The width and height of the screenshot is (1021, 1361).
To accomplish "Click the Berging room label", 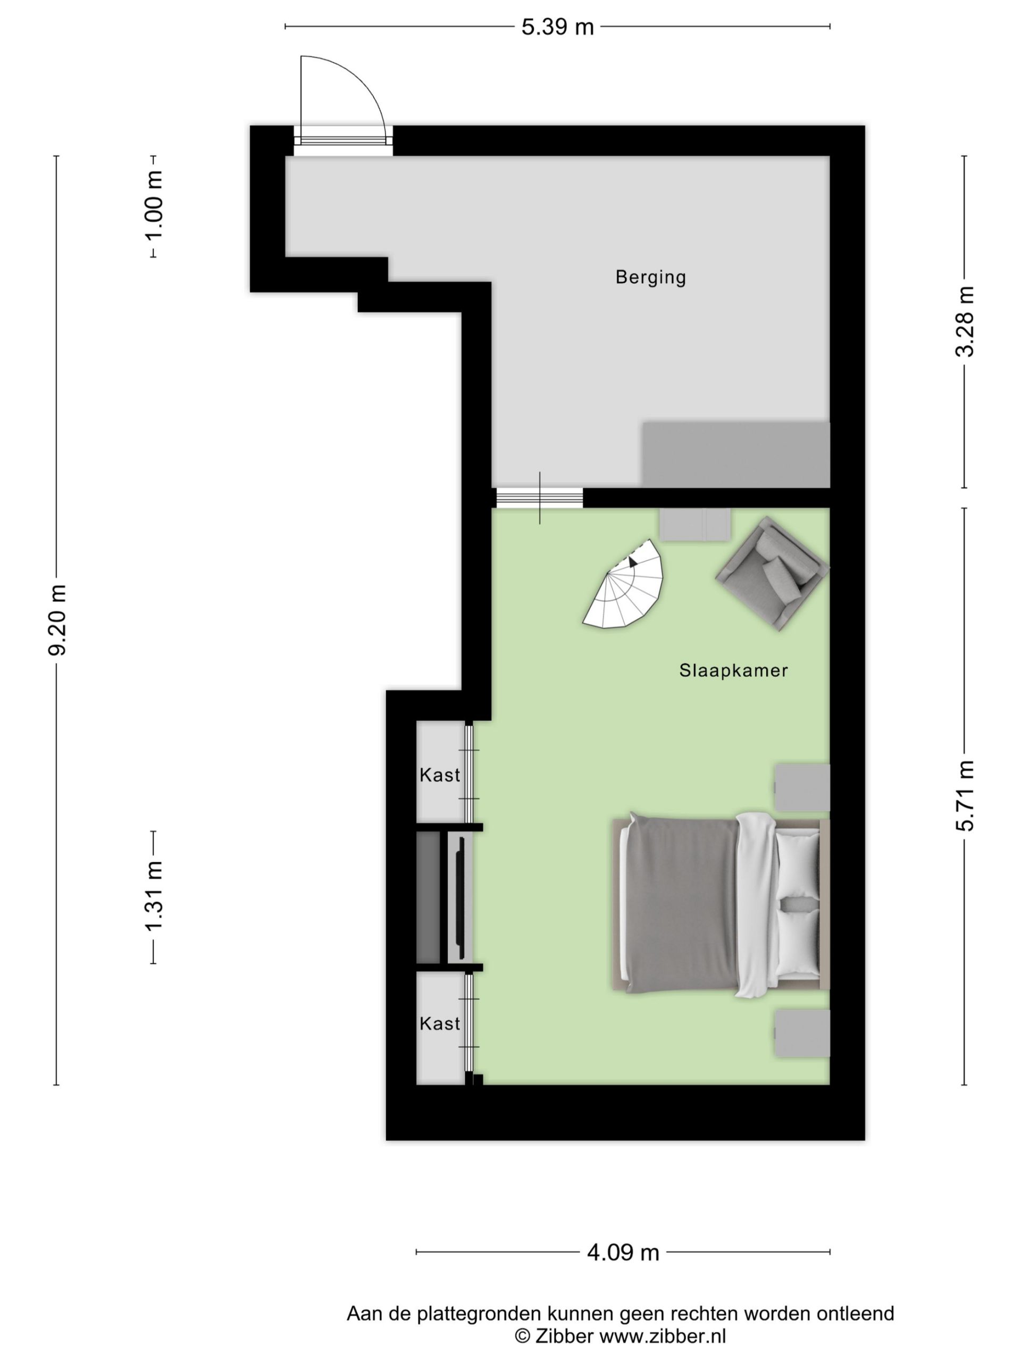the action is pyautogui.click(x=650, y=277).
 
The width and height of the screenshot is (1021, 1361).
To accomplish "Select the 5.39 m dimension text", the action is pyautogui.click(x=558, y=27).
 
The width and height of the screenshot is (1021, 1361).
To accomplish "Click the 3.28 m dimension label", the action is pyautogui.click(x=965, y=321).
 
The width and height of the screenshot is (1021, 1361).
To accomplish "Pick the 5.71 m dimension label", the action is pyautogui.click(x=965, y=795).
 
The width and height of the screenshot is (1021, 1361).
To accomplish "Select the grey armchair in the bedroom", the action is pyautogui.click(x=772, y=574).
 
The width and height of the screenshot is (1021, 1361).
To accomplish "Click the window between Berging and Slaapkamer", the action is pyautogui.click(x=539, y=498).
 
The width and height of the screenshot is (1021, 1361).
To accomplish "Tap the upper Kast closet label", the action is pyautogui.click(x=439, y=775).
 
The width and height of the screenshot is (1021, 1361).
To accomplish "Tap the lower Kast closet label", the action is pyautogui.click(x=439, y=1024).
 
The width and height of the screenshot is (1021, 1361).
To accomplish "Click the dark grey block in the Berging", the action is pyautogui.click(x=736, y=455).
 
